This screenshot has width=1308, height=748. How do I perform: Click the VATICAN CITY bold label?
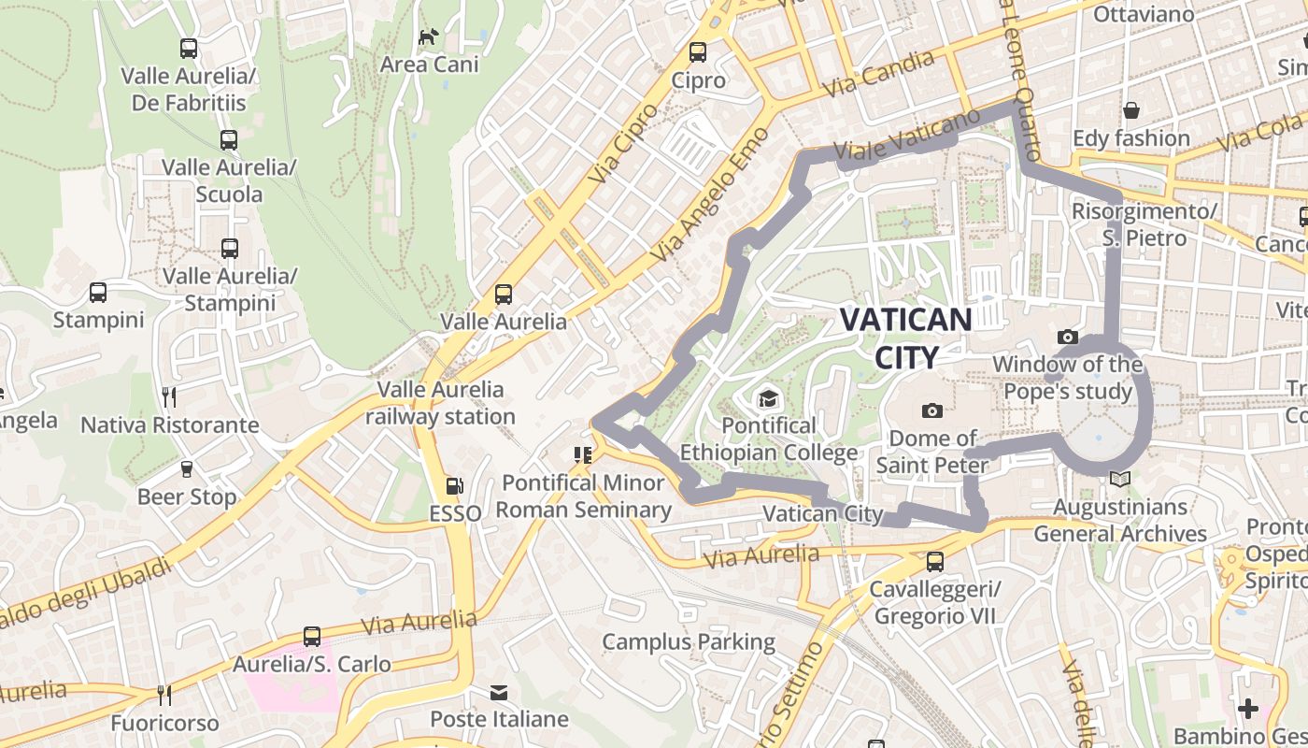pyautogui.click(x=905, y=338)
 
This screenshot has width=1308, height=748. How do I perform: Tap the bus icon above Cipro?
pyautogui.click(x=698, y=52)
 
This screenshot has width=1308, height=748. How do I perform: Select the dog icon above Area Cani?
pyautogui.click(x=429, y=36)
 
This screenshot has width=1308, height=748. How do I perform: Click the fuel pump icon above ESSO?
pyautogui.click(x=455, y=485)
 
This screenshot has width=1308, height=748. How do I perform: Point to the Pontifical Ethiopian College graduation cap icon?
pyautogui.click(x=768, y=399)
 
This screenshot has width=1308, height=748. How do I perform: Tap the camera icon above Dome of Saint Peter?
pyautogui.click(x=931, y=410)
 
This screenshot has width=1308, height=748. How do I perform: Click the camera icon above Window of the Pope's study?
pyautogui.click(x=1067, y=337)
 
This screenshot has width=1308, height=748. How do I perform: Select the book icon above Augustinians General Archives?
pyautogui.click(x=1119, y=480)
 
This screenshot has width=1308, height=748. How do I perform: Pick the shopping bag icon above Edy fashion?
pyautogui.click(x=1130, y=110)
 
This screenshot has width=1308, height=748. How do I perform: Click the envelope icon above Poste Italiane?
pyautogui.click(x=499, y=693)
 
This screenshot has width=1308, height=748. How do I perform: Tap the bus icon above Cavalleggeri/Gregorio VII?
pyautogui.click(x=934, y=562)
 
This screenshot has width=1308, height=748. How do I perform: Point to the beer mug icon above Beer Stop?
pyautogui.click(x=186, y=469)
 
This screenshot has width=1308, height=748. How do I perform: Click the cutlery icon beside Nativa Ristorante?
pyautogui.click(x=169, y=397)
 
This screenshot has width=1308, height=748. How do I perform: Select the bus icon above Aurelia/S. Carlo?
pyautogui.click(x=312, y=637)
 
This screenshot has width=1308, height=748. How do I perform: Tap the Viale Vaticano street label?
pyautogui.click(x=906, y=136)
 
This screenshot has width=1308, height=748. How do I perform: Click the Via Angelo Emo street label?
pyautogui.click(x=711, y=194)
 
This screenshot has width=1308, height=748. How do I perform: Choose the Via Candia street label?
pyautogui.click(x=879, y=74)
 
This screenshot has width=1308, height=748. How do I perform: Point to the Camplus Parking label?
pyautogui.click(x=689, y=642)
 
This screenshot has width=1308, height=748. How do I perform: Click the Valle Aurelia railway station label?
pyautogui.click(x=440, y=403)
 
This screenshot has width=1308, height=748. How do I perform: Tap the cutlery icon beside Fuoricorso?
pyautogui.click(x=164, y=695)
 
